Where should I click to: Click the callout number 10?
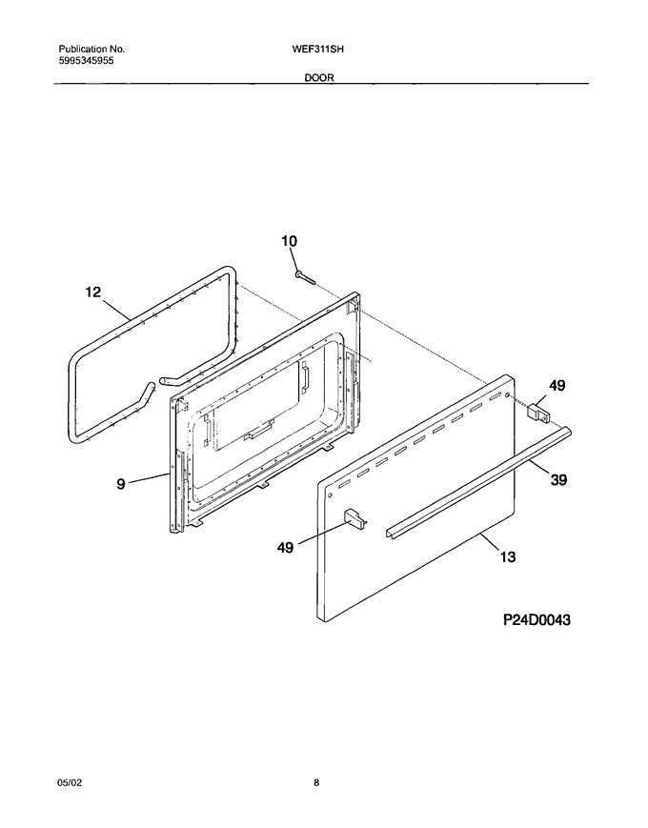coord(289,241)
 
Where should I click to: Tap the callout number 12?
coord(93,292)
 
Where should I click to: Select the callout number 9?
coord(121,483)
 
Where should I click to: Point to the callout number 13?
coord(508,556)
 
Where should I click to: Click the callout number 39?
coord(558,480)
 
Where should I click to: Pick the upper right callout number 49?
coord(557,386)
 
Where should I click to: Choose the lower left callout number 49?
coord(285,548)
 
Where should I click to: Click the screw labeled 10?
coord(305,277)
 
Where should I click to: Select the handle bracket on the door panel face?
coord(355,518)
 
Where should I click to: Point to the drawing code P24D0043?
coord(537,620)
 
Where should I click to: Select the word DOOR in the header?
coord(318,77)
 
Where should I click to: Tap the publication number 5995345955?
coord(86,60)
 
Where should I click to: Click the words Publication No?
coord(91,50)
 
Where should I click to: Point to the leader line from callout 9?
coord(149,478)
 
